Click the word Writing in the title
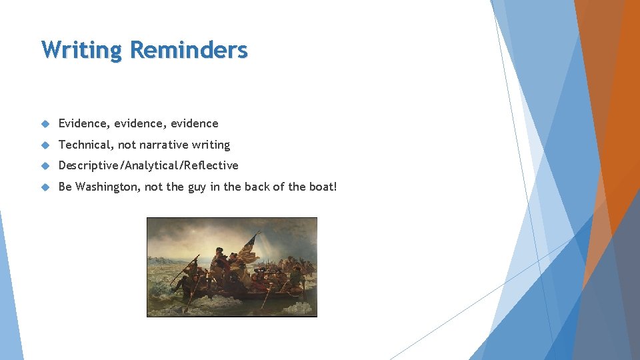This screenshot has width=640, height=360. click(x=81, y=50)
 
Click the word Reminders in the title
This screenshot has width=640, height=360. click(x=189, y=50)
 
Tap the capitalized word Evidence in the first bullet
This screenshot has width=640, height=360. click(x=83, y=123)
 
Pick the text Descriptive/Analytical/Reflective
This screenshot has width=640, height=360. click(x=148, y=165)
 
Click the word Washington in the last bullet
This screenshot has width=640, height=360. click(x=107, y=187)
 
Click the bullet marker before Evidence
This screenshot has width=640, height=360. click(x=45, y=124)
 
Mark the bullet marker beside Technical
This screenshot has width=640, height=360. click(x=45, y=145)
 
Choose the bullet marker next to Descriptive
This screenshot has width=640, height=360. click(x=45, y=166)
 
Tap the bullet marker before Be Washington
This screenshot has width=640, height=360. click(x=45, y=187)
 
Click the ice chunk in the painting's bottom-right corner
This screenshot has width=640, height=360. click(x=303, y=308)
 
